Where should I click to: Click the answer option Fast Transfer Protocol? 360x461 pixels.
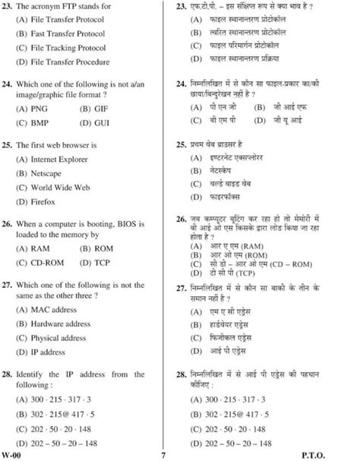pos(67,34)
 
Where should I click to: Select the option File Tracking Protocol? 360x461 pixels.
pos(69,48)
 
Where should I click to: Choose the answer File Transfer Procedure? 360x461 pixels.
pos(70,62)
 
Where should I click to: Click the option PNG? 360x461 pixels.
pos(39,109)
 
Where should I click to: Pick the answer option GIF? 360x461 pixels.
pos(103,109)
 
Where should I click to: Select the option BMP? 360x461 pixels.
pos(40,122)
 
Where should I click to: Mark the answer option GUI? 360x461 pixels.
pos(103,122)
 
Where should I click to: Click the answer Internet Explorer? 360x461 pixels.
pos(64,159)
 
